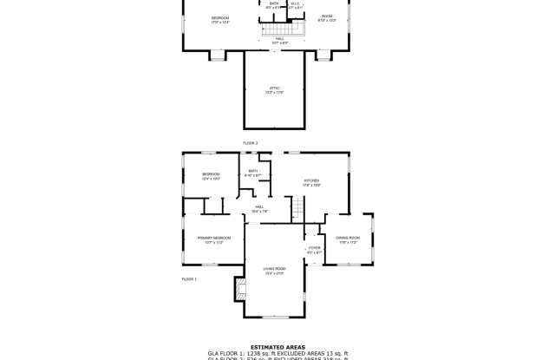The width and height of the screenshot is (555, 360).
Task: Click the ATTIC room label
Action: (x=274, y=90)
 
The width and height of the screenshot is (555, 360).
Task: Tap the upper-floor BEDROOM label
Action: (x=220, y=19)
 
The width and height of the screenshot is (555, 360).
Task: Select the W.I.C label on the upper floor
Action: (x=295, y=4)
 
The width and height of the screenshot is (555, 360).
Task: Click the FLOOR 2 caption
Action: (x=250, y=142)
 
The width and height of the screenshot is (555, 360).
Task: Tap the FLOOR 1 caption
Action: (x=189, y=279)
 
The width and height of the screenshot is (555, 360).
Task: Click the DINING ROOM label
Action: (x=348, y=239)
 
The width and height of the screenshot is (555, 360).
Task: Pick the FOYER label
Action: (x=314, y=250)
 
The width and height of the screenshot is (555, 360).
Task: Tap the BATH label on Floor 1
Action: (x=253, y=173)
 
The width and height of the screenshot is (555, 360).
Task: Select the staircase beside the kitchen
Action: (x=298, y=207)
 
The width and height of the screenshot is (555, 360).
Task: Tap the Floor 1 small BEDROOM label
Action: (x=211, y=176)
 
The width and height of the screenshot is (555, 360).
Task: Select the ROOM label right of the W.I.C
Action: (x=326, y=17)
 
